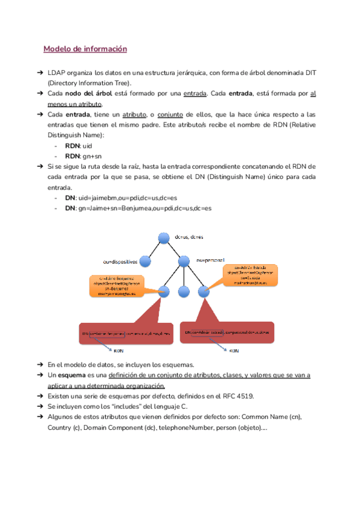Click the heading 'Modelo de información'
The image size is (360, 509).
85,49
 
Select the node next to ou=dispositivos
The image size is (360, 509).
146,261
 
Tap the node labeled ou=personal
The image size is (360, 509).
183,261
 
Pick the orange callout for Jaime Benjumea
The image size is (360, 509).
116,286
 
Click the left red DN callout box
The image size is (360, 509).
127,333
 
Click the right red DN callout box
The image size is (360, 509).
231,332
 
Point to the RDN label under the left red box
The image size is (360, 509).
120,351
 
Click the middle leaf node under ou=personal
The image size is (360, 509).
184,292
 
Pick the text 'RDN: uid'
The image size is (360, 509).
78,146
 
